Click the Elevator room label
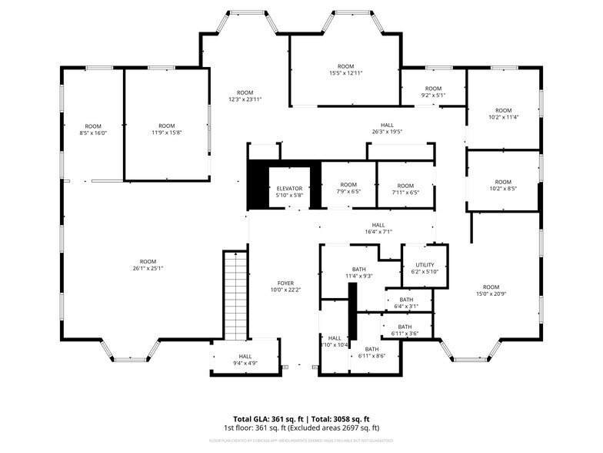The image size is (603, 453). (x=289, y=188)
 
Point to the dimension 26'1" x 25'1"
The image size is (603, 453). (x=148, y=268)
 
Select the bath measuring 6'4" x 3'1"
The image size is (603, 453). (x=406, y=303)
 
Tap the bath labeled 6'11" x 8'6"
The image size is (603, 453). (x=372, y=353)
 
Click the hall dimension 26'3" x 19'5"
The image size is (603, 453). (x=387, y=131)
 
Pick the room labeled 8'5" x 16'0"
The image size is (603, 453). (x=93, y=129)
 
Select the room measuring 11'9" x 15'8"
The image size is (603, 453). (x=166, y=129)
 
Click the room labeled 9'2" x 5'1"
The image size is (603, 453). (x=433, y=92)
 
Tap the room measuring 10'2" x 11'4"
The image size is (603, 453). (x=503, y=114)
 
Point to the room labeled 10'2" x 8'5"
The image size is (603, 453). (x=503, y=185)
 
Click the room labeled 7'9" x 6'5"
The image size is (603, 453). (x=348, y=188)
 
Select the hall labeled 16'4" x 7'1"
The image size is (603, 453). (x=378, y=228)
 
